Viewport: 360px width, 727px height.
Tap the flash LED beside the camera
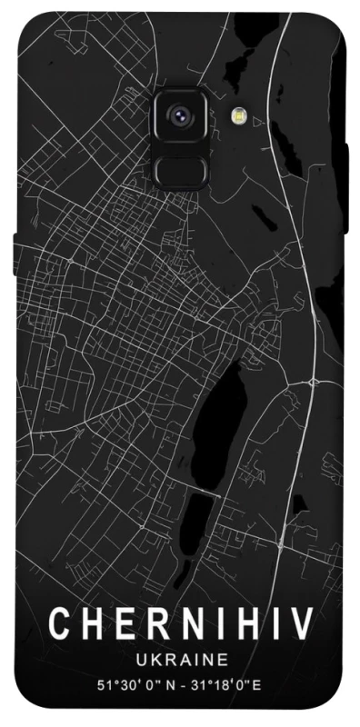point(240,115)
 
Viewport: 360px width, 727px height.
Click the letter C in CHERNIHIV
point(60,626)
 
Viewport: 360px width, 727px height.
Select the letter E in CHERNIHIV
point(123,626)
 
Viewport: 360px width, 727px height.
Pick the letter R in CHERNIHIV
point(154,626)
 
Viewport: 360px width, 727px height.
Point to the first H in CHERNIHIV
point(91,626)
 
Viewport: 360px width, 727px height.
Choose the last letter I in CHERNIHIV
point(274,626)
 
